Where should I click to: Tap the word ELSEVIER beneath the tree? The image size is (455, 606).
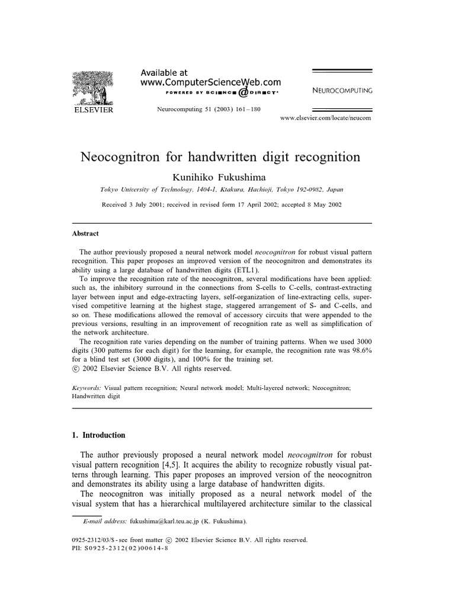[92, 109]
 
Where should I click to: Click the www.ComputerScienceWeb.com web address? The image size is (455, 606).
[210, 83]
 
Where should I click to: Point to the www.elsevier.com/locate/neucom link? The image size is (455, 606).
[325, 118]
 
